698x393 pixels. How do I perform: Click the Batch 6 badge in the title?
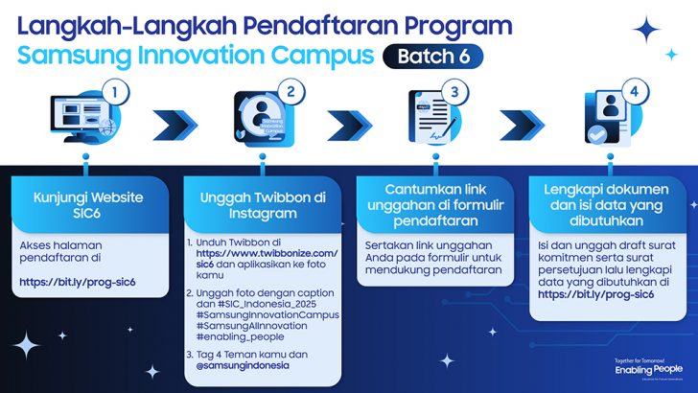432,57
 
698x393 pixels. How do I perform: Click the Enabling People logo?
649,368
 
